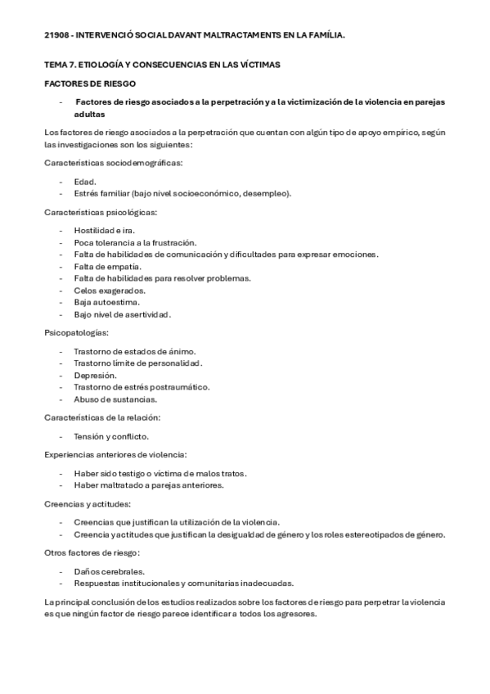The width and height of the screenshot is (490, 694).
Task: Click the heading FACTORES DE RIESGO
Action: pos(89,83)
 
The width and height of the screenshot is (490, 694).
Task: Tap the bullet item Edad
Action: pos(85,181)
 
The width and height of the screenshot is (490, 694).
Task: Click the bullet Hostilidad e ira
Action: pos(103,230)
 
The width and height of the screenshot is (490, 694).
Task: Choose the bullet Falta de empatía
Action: pos(107,266)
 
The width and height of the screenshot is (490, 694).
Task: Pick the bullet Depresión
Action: pos(95,375)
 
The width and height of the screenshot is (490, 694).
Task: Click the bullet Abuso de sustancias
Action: pos(115,399)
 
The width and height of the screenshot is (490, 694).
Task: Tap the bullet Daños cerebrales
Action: pos(109,570)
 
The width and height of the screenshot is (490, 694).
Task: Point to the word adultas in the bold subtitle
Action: pos(90,115)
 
